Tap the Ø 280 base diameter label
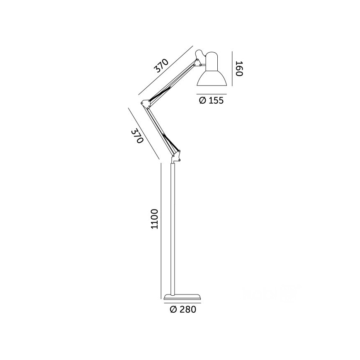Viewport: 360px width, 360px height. point(183,309)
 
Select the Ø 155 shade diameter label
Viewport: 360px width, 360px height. point(211,100)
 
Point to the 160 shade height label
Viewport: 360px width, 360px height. point(238,69)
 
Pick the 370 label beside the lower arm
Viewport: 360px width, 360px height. point(136,136)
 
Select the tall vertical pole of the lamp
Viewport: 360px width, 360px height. point(173,228)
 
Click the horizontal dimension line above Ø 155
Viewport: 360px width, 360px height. point(211,94)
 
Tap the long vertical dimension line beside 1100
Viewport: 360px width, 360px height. point(161,230)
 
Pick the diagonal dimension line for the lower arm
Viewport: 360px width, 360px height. point(144,134)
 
